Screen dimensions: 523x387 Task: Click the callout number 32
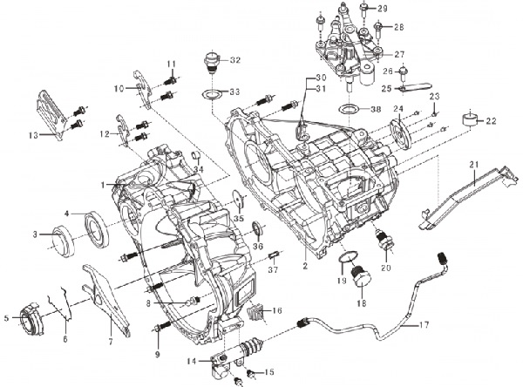tap(234, 60)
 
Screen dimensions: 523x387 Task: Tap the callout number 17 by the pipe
tap(424, 324)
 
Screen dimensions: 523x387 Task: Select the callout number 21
tap(474, 165)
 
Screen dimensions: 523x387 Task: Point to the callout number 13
tap(34, 135)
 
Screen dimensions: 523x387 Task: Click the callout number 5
tap(7, 318)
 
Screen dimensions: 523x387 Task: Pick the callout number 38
tap(375, 109)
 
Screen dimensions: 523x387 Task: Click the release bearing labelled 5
tap(31, 317)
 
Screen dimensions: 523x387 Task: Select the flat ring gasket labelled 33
tap(212, 94)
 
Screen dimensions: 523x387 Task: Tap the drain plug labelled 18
tap(362, 276)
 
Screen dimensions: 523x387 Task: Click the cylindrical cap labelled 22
tap(469, 120)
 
